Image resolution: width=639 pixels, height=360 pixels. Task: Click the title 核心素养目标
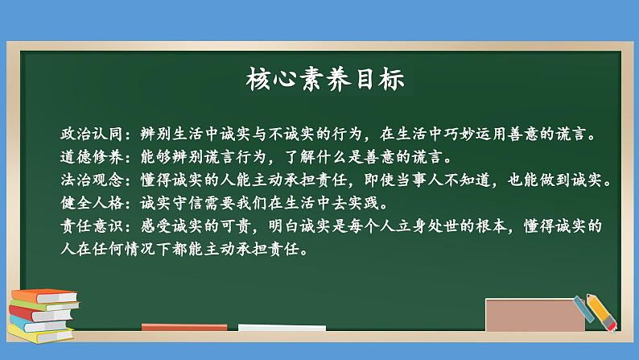(320, 81)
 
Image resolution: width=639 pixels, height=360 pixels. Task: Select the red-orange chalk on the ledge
(173, 327)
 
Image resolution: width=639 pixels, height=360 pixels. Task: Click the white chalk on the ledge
(269, 328)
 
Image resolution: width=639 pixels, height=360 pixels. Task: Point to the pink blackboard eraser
(534, 315)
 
